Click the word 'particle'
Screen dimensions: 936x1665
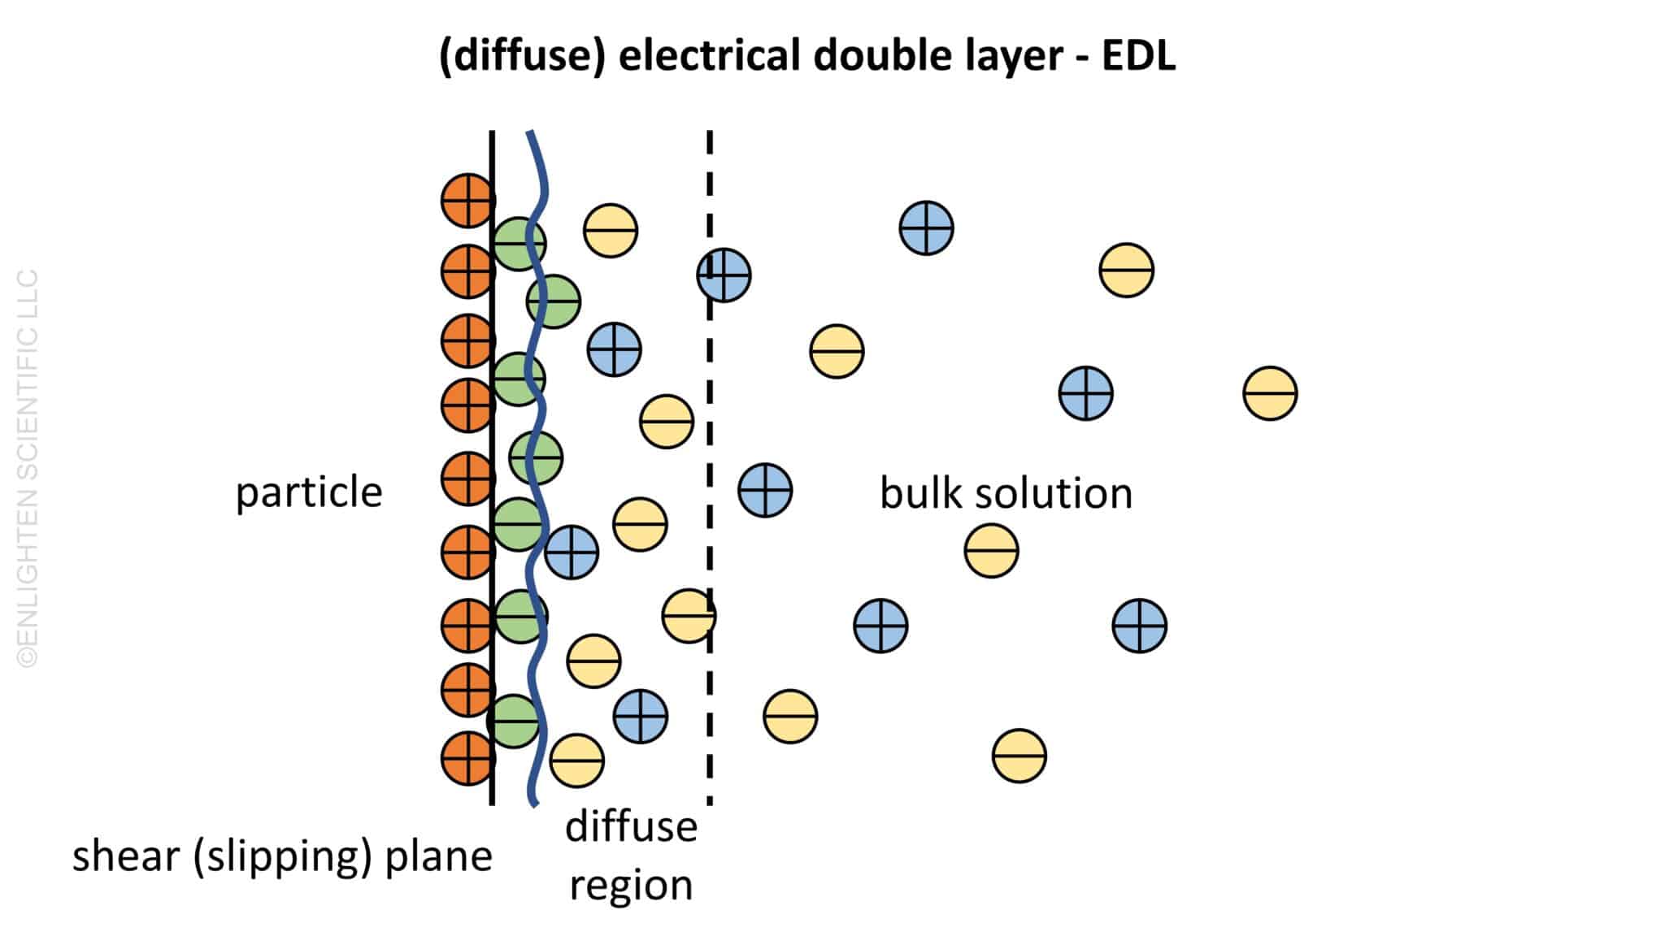[309, 492]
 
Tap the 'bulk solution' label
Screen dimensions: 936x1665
[1006, 493]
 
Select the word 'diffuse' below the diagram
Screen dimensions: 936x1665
[631, 826]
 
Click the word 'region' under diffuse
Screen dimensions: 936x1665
[631, 885]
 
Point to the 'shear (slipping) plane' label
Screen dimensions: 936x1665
[282, 856]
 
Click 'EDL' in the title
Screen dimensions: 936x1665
[1138, 56]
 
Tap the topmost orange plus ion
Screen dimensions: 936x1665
[467, 200]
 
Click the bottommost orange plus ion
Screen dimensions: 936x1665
[467, 758]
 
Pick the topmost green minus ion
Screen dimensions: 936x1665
[519, 244]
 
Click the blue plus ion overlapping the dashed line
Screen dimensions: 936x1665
[724, 275]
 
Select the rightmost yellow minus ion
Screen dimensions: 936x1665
[1270, 393]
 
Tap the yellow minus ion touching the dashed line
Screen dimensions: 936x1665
[689, 616]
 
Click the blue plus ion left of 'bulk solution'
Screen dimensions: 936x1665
[765, 490]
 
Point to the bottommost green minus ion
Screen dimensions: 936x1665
[513, 721]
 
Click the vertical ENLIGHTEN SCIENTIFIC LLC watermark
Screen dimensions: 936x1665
[28, 468]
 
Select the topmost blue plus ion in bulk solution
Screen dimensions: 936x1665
[926, 228]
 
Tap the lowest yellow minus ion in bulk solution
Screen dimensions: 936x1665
[1019, 756]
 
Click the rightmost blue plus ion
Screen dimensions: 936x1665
[1139, 626]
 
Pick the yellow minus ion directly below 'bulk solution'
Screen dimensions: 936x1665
[991, 550]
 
